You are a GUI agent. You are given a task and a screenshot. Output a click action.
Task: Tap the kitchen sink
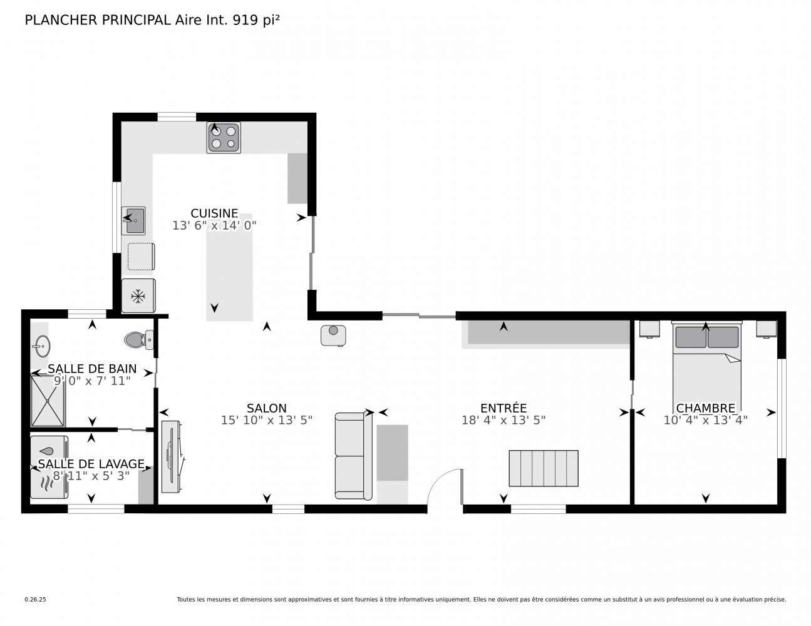pos(133,221)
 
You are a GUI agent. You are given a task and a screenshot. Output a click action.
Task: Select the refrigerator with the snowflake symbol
pos(138,295)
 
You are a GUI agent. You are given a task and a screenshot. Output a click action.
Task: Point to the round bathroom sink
pos(41,344)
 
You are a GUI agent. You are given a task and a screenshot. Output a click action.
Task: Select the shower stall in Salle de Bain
pos(48,401)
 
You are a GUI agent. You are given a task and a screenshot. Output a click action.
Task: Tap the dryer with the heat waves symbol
pos(49,483)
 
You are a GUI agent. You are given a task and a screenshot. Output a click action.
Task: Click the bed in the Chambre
pos(706,369)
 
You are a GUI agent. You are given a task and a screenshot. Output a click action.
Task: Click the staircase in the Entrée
pos(543,468)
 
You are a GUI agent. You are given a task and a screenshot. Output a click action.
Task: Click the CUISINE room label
pos(214,213)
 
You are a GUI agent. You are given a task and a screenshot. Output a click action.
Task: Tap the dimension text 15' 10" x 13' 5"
pos(267,421)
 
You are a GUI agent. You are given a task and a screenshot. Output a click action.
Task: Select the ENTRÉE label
pos(503,408)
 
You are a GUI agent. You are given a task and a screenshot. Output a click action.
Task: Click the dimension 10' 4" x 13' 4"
pos(705,420)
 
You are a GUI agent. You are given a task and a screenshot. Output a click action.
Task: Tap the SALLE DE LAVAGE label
pos(91,464)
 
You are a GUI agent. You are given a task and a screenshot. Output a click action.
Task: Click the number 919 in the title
pos(245,20)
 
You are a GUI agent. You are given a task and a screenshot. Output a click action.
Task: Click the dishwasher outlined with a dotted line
pos(140,257)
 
